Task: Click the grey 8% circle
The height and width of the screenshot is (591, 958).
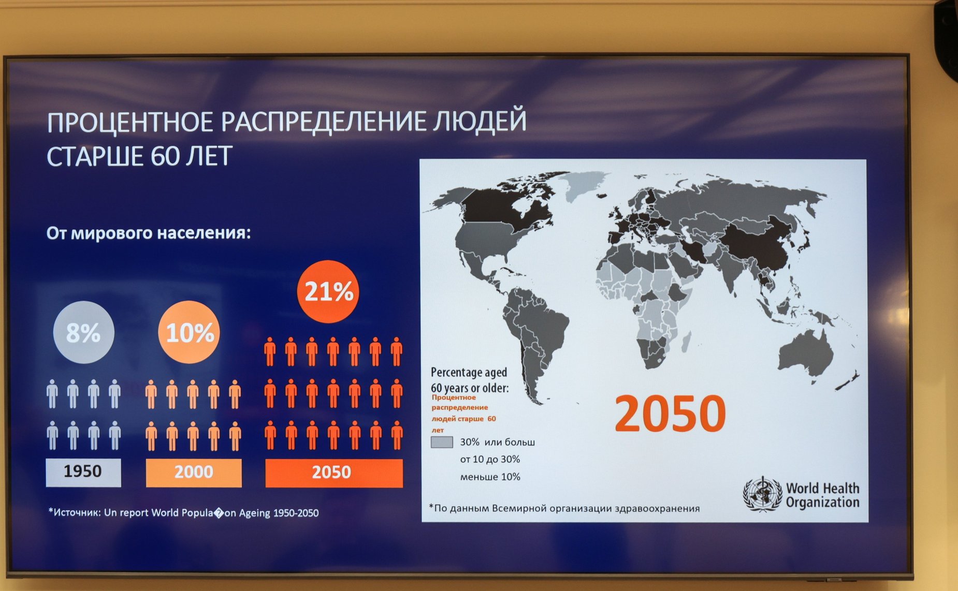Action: (83, 332)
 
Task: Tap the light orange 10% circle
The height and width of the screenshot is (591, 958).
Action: (189, 332)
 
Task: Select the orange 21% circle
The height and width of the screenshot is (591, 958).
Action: (328, 291)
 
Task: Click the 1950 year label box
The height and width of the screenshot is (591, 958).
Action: (83, 472)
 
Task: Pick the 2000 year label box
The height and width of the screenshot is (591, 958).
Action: (194, 472)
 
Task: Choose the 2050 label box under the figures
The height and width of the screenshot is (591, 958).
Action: (334, 472)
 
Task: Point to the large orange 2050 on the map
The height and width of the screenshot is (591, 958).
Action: (670, 413)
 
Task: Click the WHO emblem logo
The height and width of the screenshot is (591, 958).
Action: (762, 495)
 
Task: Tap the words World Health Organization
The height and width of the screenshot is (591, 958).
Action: (822, 495)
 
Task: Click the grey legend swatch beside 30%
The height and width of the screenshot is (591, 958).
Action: (442, 442)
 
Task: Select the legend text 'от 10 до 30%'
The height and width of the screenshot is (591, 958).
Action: (490, 459)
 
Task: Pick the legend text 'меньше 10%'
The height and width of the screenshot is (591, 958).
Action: (490, 477)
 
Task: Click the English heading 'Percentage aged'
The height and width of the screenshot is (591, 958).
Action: (469, 372)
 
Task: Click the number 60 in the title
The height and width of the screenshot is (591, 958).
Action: (165, 156)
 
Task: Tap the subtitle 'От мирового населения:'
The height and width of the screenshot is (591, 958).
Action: (149, 233)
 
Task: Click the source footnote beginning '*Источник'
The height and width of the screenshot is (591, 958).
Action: (183, 513)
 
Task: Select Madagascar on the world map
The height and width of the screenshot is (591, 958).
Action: (686, 342)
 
